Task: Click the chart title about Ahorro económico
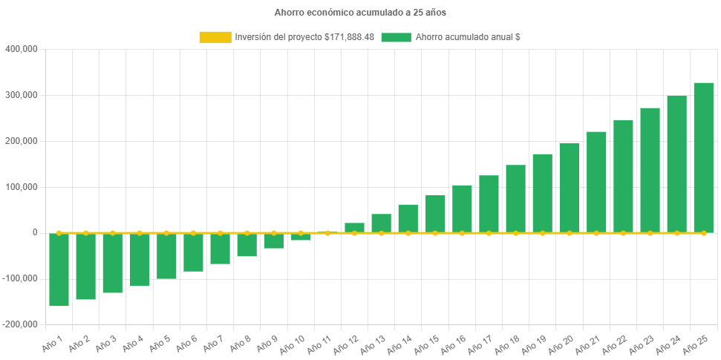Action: coord(360,13)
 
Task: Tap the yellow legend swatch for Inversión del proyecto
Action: coord(215,37)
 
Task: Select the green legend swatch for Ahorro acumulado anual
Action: coord(396,37)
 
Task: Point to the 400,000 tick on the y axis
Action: coord(21,49)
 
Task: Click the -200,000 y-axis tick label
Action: coord(19,324)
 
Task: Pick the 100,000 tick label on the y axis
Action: coord(21,187)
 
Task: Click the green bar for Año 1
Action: coord(59,269)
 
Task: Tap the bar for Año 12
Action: coord(354,227)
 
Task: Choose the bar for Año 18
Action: coord(515,198)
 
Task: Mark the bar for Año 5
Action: coord(166,256)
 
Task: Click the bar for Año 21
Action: coord(596,182)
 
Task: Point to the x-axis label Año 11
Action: coord(318,344)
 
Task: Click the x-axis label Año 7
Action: coord(211,344)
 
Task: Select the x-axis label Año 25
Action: coord(694,344)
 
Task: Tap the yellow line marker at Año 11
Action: coord(327,233)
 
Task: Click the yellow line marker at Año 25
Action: coord(703,233)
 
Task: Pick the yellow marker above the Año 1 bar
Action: coord(59,233)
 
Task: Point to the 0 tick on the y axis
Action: coord(34,232)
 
